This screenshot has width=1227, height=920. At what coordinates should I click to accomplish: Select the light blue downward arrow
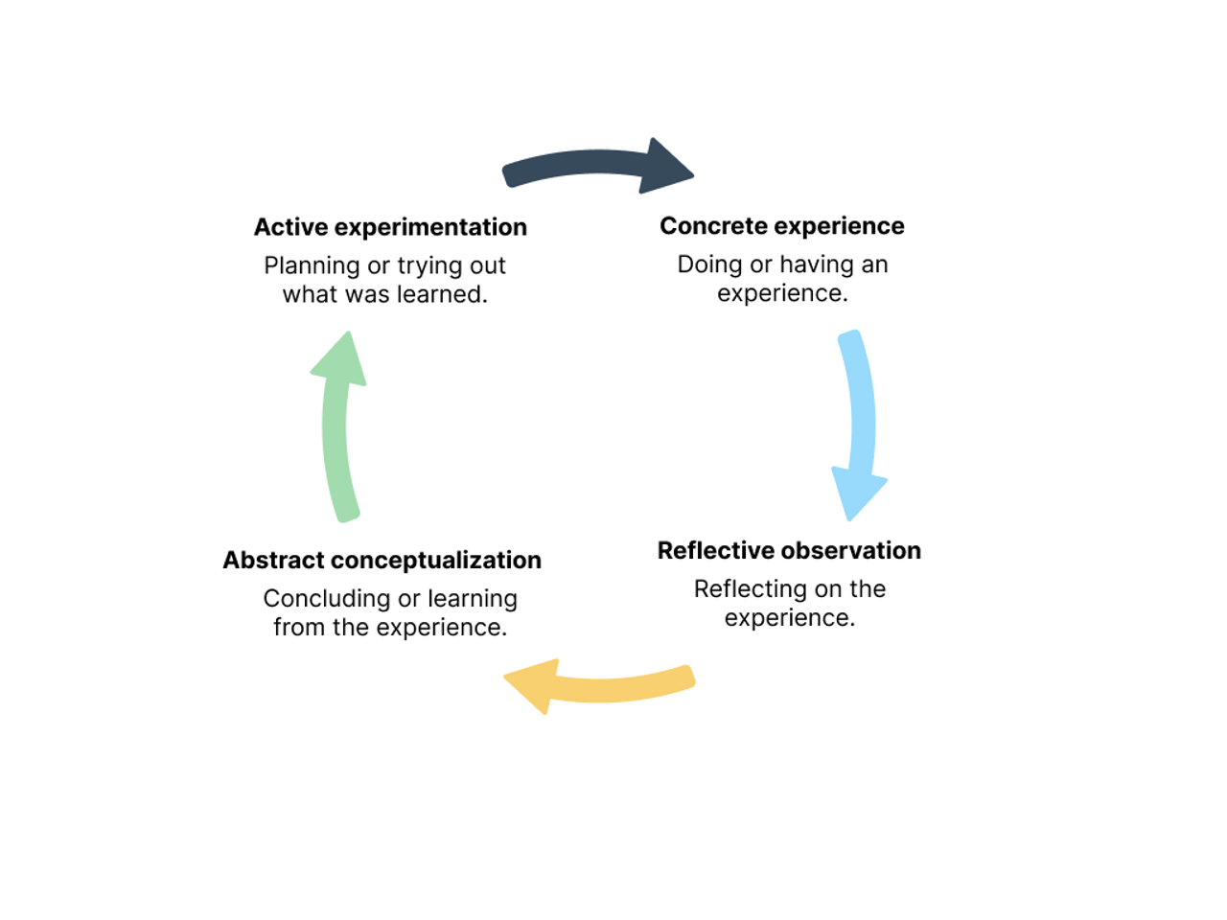859,422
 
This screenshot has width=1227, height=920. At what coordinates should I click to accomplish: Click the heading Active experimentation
390,227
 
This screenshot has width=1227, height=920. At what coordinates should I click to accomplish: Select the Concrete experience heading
781,226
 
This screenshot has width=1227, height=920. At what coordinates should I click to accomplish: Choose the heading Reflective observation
789,551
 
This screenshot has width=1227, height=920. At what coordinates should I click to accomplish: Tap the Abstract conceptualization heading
382,561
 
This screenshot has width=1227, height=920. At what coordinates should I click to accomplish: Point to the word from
298,628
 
